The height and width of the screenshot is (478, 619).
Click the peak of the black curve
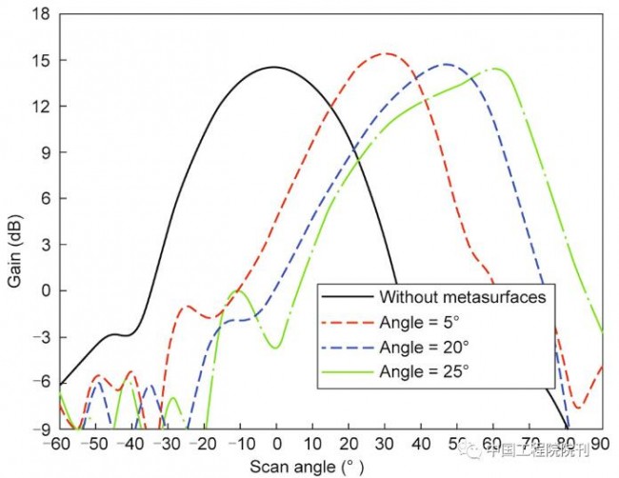pyautogui.click(x=274, y=67)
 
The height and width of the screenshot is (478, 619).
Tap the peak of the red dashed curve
pyautogui.click(x=385, y=53)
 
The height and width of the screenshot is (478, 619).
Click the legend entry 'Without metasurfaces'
pyautogui.click(x=462, y=296)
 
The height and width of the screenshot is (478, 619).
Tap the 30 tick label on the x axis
pyautogui.click(x=385, y=445)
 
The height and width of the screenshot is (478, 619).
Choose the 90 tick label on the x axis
pyautogui.click(x=600, y=445)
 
